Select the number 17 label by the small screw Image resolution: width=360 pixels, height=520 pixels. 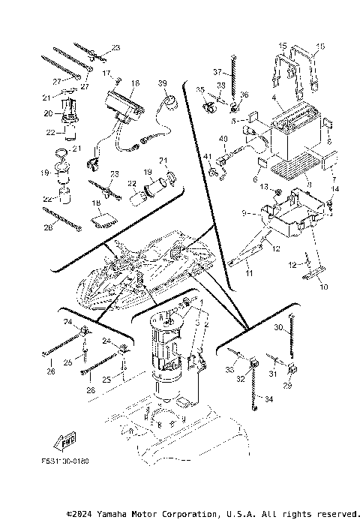(107, 73)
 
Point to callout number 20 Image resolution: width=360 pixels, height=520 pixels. (47, 113)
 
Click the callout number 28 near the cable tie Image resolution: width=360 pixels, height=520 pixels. (48, 227)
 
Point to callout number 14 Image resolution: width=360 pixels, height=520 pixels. (335, 189)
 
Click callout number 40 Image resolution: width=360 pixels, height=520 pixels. (223, 140)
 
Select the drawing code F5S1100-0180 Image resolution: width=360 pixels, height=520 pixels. (66, 461)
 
